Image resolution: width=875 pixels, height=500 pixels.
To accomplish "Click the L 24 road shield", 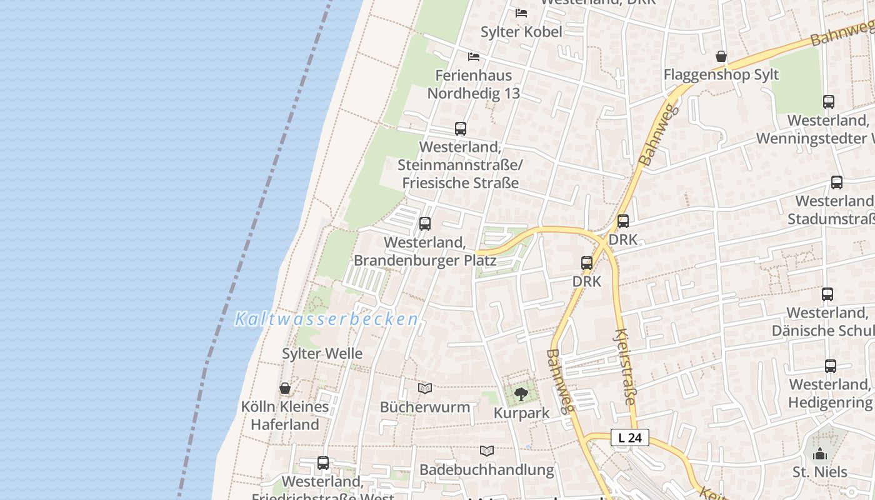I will point(630,437).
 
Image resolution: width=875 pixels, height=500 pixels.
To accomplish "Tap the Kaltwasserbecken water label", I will point(326,319).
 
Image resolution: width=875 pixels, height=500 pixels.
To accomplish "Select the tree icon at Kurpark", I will point(521,394).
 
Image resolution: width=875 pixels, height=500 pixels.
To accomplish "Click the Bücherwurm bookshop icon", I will point(425,388).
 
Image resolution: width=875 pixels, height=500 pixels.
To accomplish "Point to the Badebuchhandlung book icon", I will point(487,451).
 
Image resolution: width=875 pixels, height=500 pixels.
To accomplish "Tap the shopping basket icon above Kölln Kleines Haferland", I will point(285,388).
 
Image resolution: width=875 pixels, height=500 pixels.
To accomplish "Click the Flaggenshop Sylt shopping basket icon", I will point(721,56).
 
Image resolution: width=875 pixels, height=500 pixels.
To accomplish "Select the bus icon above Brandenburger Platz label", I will point(425,223).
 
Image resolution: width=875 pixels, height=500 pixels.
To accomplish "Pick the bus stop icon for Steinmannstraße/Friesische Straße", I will point(461,129).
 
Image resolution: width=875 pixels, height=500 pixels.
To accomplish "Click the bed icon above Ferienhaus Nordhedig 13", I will point(474,57).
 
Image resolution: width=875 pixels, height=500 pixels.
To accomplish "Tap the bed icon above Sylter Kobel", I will point(521,12).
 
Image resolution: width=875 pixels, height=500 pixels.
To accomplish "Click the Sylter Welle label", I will point(322,354).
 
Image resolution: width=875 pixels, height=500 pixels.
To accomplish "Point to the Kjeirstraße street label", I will point(626,367).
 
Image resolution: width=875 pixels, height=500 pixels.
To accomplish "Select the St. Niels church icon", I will point(819,453).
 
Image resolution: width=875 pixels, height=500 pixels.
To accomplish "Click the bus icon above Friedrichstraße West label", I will point(323,463).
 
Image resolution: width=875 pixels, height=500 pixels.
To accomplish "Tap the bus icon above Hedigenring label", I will point(830,366).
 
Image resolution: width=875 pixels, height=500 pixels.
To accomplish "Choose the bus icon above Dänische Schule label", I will point(827,294).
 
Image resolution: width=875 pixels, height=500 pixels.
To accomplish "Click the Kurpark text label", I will point(522,413).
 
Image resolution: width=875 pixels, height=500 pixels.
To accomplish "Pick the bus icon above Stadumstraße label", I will point(837,182).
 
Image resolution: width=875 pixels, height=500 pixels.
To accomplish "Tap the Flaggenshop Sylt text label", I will point(721,75).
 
